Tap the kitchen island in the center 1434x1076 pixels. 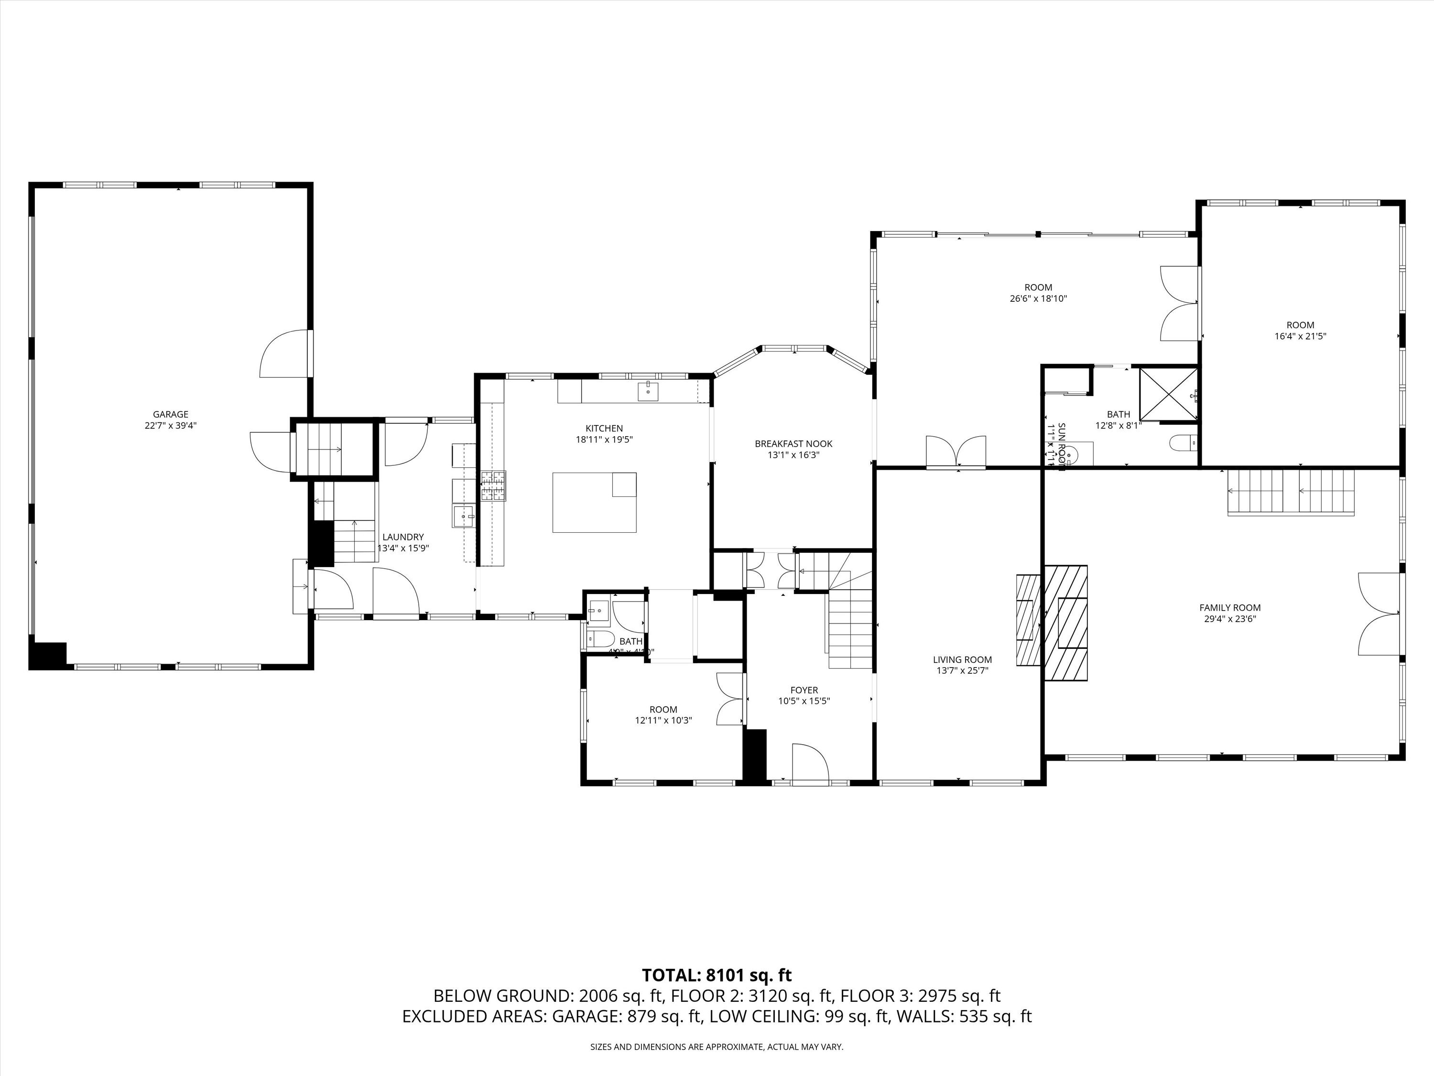tap(594, 502)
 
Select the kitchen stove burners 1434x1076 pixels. tap(493, 486)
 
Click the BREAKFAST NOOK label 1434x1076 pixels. tap(793, 444)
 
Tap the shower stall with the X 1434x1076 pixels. tap(1168, 395)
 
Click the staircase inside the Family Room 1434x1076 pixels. tap(1291, 493)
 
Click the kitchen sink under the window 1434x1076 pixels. tap(648, 391)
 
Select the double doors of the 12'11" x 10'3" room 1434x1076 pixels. tap(729, 699)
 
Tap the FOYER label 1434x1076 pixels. tap(804, 690)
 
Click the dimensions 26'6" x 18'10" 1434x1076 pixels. tap(1038, 299)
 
